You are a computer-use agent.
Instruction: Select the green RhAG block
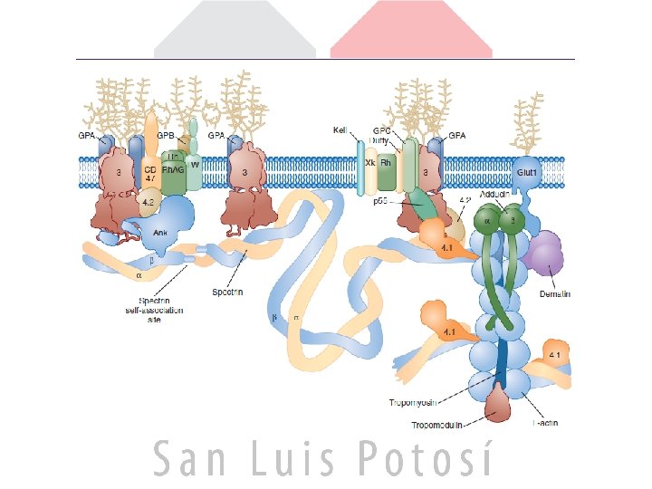(173, 168)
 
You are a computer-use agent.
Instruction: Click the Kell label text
(340, 130)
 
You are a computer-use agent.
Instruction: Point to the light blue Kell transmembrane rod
(360, 168)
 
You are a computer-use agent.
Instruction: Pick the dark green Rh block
(388, 168)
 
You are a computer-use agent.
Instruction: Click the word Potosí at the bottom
(426, 459)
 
